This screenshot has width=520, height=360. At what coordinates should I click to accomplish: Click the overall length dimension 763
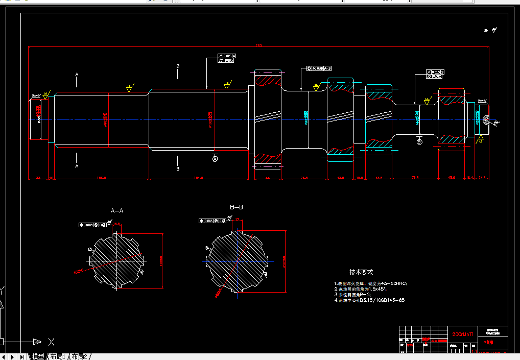point(258,45)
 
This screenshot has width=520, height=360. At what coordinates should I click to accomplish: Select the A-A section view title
point(117,210)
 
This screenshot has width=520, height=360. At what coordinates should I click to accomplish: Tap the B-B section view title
point(236,207)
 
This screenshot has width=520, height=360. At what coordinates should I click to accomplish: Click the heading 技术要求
point(361,273)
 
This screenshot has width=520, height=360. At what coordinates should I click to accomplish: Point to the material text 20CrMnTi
point(463,334)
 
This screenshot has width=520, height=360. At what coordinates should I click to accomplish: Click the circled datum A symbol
point(215,159)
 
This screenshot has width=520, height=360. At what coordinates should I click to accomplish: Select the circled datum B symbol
point(419,142)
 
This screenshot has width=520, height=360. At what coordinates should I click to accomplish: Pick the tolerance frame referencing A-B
point(319,68)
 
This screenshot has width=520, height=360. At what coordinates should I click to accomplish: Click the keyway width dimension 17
point(237,219)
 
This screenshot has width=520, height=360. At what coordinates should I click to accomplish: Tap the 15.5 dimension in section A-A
point(116,224)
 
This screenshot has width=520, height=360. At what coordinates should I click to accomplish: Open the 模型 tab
point(38,356)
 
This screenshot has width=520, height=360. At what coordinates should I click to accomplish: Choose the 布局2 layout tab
point(80,356)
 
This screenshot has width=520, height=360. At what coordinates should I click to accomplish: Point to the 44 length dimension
point(268,178)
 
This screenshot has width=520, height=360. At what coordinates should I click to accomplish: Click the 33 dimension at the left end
point(38,178)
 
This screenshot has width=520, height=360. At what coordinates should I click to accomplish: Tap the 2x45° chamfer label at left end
point(37,95)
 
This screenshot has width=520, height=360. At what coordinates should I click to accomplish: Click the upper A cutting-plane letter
point(77,75)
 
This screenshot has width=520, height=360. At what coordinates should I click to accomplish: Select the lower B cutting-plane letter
point(178,169)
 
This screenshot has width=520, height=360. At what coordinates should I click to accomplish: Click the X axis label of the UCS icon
point(51,342)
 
